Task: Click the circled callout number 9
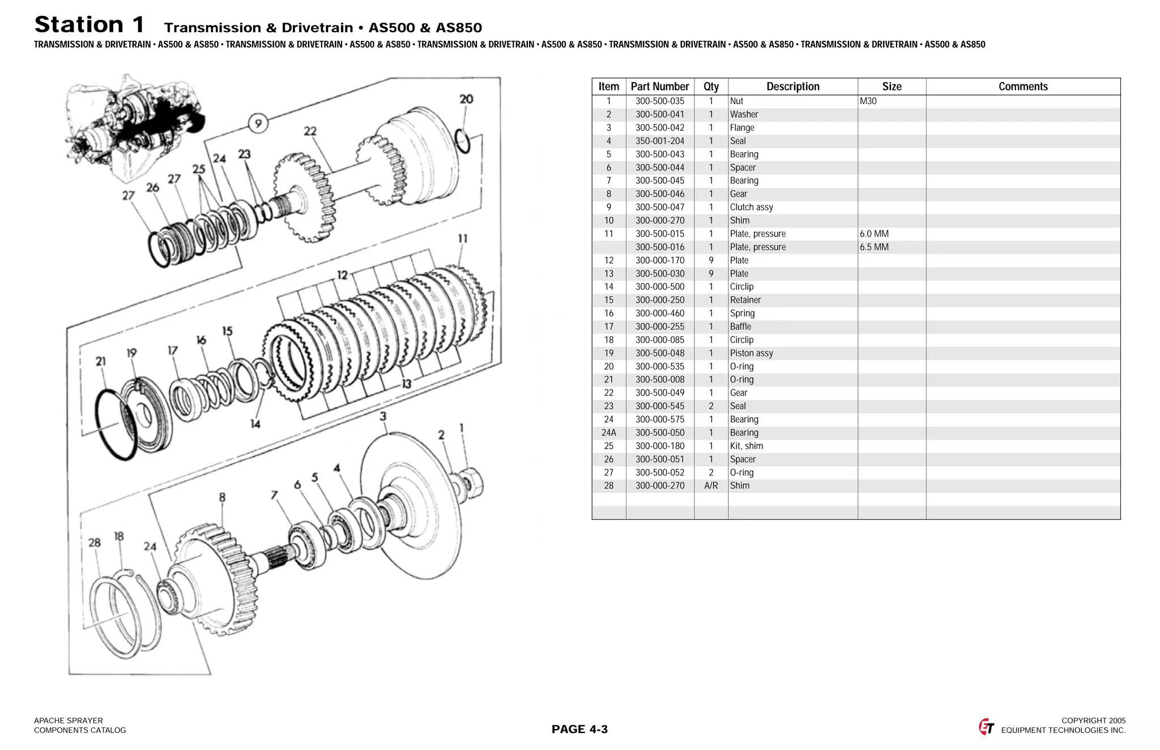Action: pyautogui.click(x=258, y=123)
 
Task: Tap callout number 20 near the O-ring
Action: pyautogui.click(x=466, y=99)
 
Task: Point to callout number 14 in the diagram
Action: pyautogui.click(x=255, y=424)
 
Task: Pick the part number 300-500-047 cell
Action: pyautogui.click(x=659, y=207)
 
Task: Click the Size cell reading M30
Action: pyautogui.click(x=868, y=101)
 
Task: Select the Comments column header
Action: pyautogui.click(x=1022, y=87)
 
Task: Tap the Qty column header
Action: pyautogui.click(x=711, y=87)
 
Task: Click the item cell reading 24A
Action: pyautogui.click(x=608, y=433)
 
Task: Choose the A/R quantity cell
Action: pyautogui.click(x=711, y=486)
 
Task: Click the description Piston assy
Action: pyautogui.click(x=751, y=353)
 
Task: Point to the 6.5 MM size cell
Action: pyautogui.click(x=874, y=247)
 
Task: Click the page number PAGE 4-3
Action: pyautogui.click(x=579, y=729)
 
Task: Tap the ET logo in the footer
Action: pyautogui.click(x=986, y=727)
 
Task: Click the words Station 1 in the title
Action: pyautogui.click(x=89, y=25)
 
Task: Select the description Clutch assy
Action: pyautogui.click(x=751, y=207)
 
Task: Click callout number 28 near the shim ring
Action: pyautogui.click(x=95, y=543)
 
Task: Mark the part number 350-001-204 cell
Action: pyautogui.click(x=659, y=141)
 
